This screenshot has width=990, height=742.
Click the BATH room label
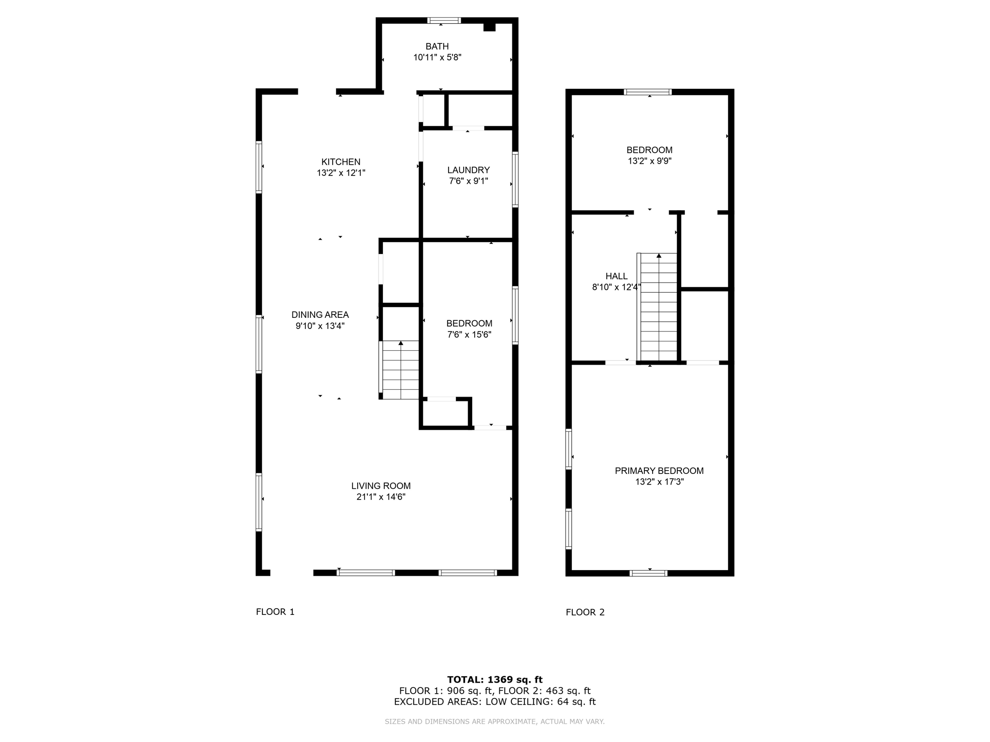pyautogui.click(x=437, y=46)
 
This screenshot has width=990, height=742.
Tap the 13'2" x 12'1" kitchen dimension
pyautogui.click(x=341, y=173)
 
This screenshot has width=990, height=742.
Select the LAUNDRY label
pyautogui.click(x=468, y=170)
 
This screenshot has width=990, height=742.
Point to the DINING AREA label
pyautogui.click(x=320, y=314)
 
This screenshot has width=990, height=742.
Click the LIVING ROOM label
pyautogui.click(x=381, y=486)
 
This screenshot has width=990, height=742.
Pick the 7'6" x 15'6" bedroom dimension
pyautogui.click(x=469, y=334)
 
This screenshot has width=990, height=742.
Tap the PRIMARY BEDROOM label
pyautogui.click(x=659, y=471)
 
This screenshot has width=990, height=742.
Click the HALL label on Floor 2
pyautogui.click(x=616, y=276)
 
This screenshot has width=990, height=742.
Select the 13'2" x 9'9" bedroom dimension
pyautogui.click(x=649, y=161)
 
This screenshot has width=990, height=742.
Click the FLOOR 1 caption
pyautogui.click(x=275, y=612)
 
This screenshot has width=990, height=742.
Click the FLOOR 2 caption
pyautogui.click(x=585, y=612)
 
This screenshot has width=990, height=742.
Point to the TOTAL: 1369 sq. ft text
pyautogui.click(x=495, y=680)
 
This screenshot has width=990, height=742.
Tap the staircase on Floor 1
pyautogui.click(x=400, y=370)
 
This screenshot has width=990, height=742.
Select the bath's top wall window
pyautogui.click(x=444, y=21)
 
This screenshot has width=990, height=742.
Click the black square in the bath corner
pyautogui.click(x=489, y=27)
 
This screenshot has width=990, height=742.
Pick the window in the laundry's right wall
pyautogui.click(x=515, y=179)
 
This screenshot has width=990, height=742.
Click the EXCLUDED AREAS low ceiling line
pyautogui.click(x=495, y=702)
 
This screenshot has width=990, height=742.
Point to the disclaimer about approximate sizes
pyautogui.click(x=495, y=722)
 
